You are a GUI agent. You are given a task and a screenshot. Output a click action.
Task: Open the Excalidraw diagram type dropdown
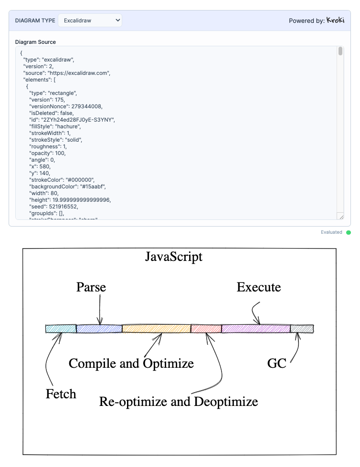90,21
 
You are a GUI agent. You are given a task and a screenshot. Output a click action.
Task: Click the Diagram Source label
35,42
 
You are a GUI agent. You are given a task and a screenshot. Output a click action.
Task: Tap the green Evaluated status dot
349,232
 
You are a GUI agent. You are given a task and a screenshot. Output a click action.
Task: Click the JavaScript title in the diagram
174,257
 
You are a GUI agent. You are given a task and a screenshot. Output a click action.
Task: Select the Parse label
91,287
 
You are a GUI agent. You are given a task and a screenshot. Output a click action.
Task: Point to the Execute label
259,287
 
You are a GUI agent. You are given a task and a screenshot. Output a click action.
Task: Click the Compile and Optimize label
131,363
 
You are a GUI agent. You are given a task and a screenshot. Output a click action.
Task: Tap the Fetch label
61,394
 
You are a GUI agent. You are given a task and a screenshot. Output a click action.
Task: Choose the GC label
276,363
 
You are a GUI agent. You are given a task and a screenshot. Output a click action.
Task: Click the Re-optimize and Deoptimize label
179,402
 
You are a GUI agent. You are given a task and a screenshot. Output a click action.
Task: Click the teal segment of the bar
61,329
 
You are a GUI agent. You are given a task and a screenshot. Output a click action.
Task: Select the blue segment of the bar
99,329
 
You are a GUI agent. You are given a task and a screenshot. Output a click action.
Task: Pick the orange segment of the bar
156,329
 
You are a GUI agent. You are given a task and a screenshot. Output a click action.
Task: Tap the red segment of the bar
206,329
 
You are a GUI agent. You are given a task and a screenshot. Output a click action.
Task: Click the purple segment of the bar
256,329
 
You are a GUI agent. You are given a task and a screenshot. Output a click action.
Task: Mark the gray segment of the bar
302,329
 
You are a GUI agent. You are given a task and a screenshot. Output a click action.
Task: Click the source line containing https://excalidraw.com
67,73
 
